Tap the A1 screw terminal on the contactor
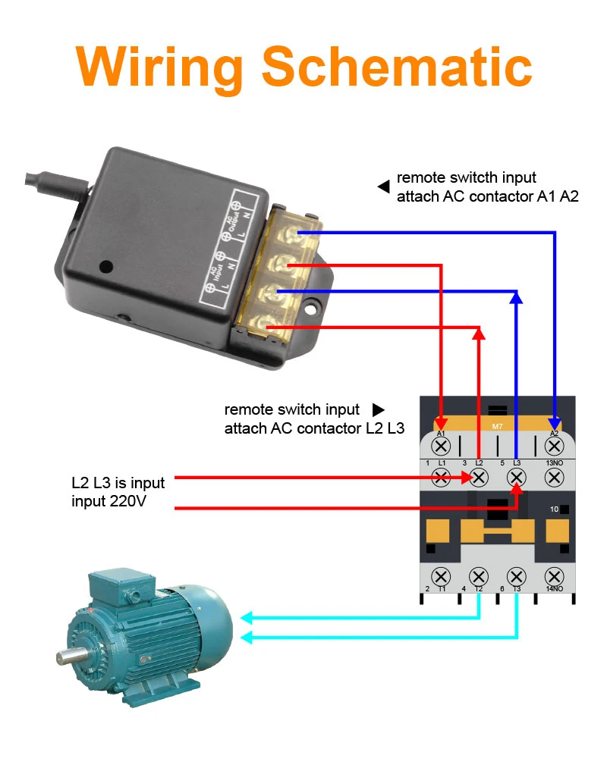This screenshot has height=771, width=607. pyautogui.click(x=441, y=447)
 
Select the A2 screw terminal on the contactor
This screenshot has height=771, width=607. pyautogui.click(x=554, y=447)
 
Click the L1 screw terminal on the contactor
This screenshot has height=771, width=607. pyautogui.click(x=441, y=477)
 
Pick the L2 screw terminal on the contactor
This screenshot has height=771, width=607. pyautogui.click(x=479, y=477)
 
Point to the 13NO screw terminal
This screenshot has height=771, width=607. pyautogui.click(x=554, y=477)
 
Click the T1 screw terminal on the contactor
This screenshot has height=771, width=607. pyautogui.click(x=441, y=576)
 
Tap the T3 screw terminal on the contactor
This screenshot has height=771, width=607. pyautogui.click(x=517, y=576)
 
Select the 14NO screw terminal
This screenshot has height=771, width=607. pyautogui.click(x=554, y=576)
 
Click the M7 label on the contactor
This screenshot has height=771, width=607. pyautogui.click(x=497, y=427)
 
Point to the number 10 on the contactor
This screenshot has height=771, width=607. pyautogui.click(x=555, y=509)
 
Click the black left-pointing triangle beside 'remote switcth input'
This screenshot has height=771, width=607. pyautogui.click(x=384, y=185)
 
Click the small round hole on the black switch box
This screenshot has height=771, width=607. pyautogui.click(x=106, y=266)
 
